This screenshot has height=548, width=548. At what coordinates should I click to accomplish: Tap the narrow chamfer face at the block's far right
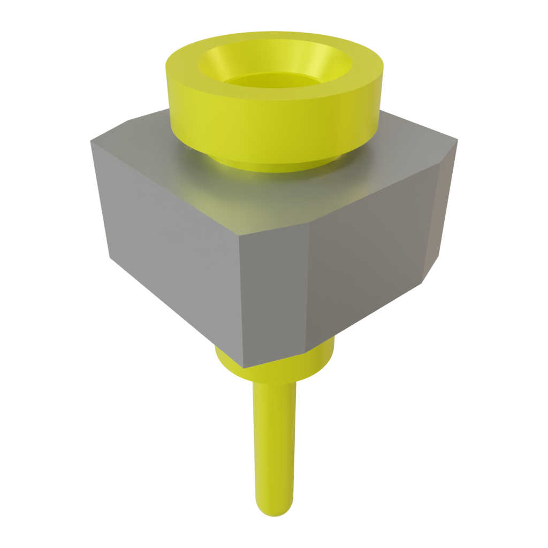point(442,214)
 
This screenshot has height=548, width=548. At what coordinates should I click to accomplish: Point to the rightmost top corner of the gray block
point(458,140)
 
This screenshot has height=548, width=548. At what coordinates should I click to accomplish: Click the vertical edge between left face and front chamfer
point(241,300)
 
